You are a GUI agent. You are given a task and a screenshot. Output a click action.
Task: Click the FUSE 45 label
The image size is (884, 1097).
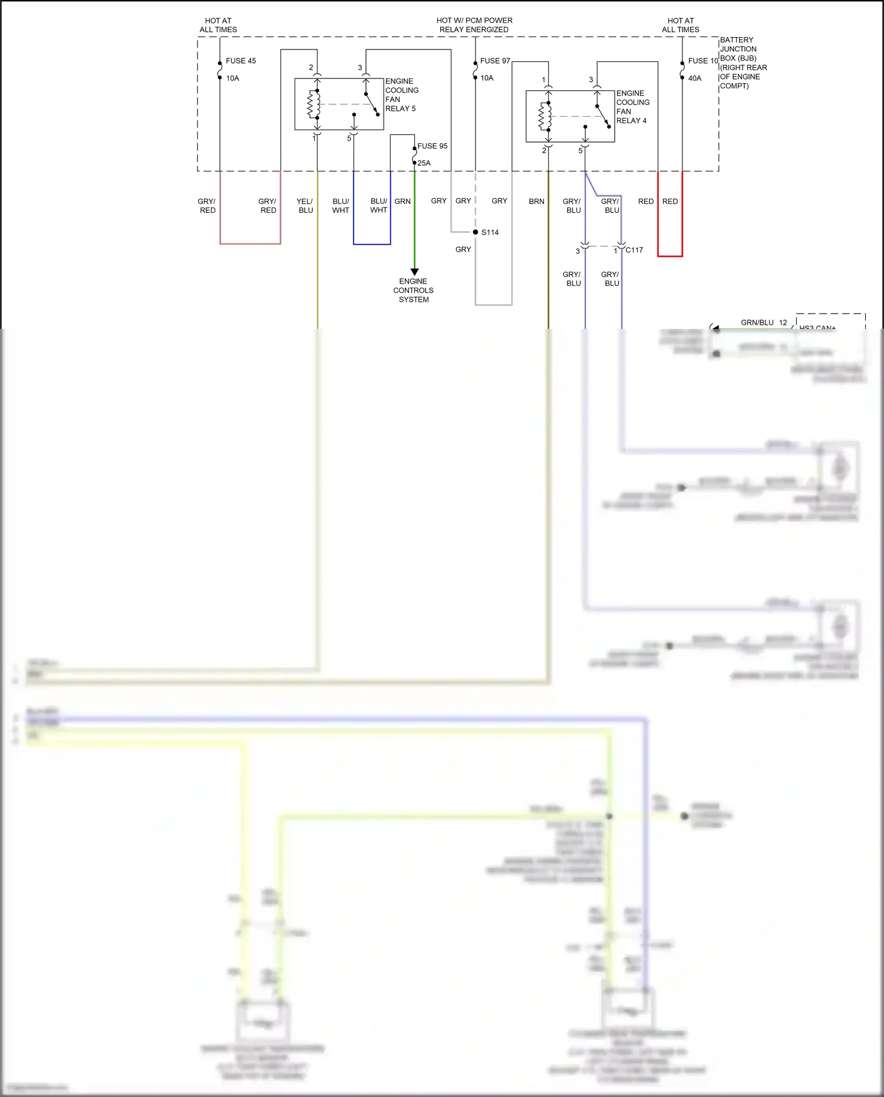240,61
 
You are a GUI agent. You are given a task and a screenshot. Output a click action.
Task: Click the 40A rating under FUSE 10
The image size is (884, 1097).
695,78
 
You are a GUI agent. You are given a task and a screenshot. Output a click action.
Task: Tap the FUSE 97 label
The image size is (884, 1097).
494,61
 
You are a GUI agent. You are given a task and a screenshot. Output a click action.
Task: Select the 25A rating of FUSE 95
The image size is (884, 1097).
424,163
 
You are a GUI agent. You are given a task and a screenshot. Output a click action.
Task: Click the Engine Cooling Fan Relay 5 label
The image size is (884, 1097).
401,95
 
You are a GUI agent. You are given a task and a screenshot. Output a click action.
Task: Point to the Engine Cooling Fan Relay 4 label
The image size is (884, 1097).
632,107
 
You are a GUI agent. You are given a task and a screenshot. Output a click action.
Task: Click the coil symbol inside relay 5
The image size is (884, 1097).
313,104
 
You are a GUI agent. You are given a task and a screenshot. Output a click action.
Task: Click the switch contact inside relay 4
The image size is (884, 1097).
603,116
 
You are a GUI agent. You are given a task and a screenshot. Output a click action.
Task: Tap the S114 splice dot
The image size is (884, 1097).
476,232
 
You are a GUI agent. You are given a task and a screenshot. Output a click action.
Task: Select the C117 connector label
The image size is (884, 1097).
634,250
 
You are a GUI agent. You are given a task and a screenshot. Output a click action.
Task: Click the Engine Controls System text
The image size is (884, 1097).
413,291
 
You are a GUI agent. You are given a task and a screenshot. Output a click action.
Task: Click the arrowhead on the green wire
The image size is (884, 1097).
414,272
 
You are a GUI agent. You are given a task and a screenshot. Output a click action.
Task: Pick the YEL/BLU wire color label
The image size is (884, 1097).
305,206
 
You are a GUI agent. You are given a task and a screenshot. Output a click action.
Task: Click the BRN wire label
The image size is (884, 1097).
536,202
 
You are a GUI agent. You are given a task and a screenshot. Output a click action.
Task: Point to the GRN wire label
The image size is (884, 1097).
403,202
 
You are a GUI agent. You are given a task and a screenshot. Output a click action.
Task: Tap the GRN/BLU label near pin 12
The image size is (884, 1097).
757,322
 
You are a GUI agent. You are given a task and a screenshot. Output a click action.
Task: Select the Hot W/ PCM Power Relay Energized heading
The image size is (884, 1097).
474,25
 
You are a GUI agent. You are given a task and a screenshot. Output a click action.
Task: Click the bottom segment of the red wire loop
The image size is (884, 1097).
670,256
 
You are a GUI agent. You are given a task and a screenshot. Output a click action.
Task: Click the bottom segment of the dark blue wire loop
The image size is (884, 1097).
372,244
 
